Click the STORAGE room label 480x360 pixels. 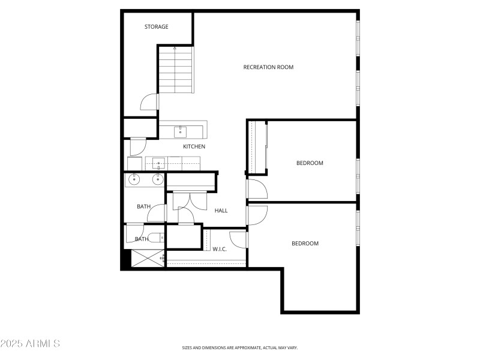156,27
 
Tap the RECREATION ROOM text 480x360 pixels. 268,67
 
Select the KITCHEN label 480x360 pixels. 194,146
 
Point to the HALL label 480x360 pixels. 221,211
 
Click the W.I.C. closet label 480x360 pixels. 220,248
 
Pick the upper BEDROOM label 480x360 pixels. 310,163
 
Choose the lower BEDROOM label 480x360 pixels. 305,244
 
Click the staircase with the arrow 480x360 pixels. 176,70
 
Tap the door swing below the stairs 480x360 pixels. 149,103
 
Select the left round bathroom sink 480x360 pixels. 133,179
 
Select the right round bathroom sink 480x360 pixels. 158,179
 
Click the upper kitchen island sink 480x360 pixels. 181,131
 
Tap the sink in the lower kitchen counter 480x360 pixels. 158,162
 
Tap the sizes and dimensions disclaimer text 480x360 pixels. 239,347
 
